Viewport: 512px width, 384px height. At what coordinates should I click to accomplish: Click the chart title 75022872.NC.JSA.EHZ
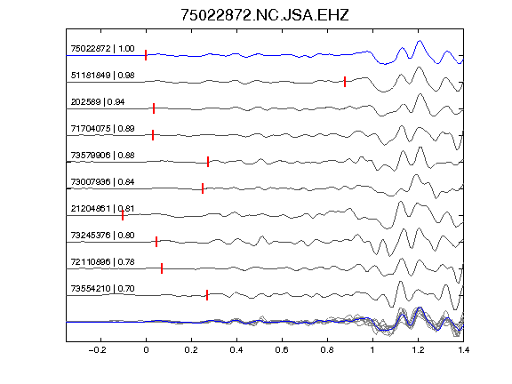pos(265,15)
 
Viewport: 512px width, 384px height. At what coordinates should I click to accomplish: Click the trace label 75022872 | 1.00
pos(102,49)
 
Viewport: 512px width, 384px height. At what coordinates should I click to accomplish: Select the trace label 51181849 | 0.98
pos(102,76)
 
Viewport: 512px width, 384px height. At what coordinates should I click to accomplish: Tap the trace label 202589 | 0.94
pos(98,102)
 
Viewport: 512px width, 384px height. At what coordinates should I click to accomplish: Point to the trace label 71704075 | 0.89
pos(102,129)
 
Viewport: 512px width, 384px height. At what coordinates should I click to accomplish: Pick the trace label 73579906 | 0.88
pos(102,155)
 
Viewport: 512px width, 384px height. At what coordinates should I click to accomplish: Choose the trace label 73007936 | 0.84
pos(102,182)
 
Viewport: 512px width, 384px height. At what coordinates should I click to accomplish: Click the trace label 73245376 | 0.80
pos(102,235)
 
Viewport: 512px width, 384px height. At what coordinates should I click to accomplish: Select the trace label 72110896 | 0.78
pos(102,262)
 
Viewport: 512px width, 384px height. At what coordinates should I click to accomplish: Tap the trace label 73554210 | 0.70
pos(102,289)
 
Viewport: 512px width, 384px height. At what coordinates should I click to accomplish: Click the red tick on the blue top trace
pos(146,55)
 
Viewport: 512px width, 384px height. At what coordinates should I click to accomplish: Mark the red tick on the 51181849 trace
pos(345,82)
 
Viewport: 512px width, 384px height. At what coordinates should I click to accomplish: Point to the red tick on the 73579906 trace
pos(208,162)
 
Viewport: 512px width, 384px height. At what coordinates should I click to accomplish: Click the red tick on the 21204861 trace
pos(123,215)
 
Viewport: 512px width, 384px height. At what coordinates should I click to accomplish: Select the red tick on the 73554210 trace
pos(207,295)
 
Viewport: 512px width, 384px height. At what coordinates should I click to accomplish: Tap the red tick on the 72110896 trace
pos(162,268)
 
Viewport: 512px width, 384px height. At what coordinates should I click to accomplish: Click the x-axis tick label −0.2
pos(97,350)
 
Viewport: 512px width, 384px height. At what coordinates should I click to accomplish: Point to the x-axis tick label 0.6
pos(282,350)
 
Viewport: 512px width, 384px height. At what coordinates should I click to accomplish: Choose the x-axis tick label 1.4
pos(463,350)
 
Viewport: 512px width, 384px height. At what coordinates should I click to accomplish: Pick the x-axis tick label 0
pos(146,350)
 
